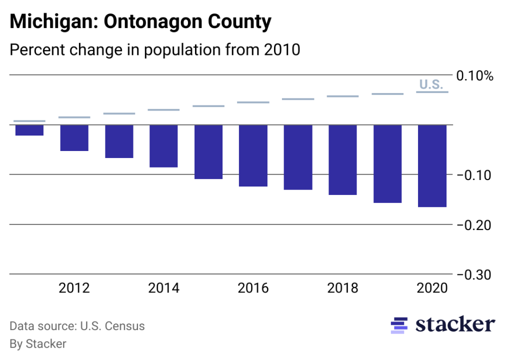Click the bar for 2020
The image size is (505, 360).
pos(432,165)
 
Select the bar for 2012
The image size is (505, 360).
pos(74,137)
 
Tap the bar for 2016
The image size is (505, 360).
pos(253,155)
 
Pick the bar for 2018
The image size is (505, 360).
pos(342,159)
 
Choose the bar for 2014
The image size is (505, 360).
pos(163,146)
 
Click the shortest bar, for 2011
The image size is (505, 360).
pos(29,130)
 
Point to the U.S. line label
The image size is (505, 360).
pos(431,84)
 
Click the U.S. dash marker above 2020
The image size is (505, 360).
pos(432,92)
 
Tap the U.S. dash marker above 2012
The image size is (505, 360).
pos(74,117)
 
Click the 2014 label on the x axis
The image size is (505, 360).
pos(163,288)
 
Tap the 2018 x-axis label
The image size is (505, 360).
pos(342,288)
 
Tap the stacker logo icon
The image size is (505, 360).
pos(399,325)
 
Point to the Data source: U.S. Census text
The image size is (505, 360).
pos(77,326)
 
